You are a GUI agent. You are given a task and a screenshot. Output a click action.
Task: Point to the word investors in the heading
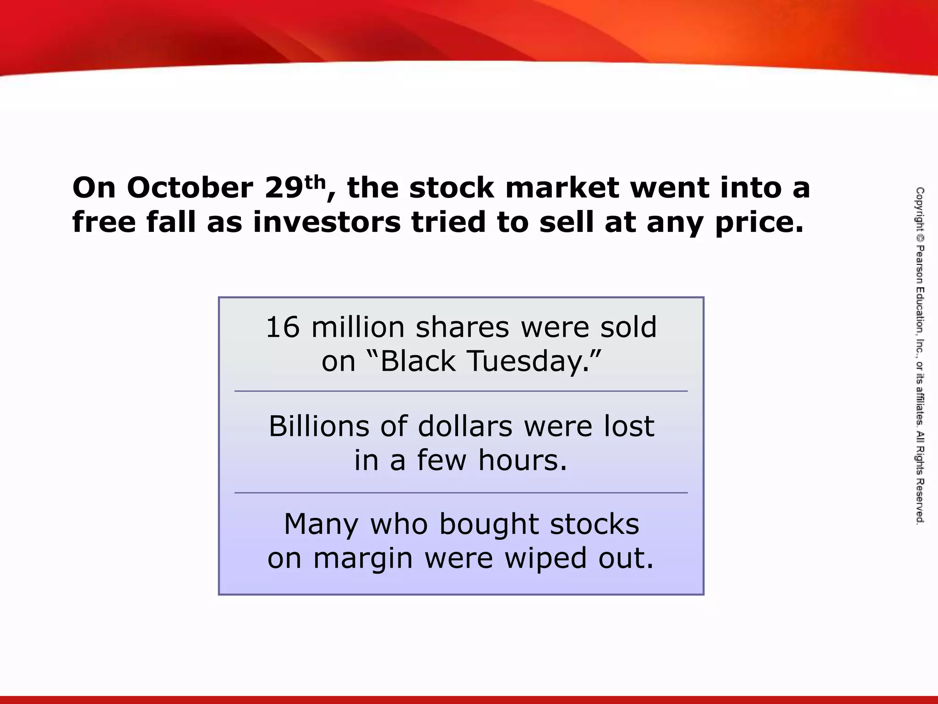[327, 222]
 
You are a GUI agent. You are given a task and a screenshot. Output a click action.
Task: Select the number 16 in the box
[283, 327]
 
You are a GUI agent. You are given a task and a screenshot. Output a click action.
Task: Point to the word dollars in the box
[465, 426]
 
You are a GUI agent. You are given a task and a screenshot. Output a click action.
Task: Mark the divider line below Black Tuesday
[461, 391]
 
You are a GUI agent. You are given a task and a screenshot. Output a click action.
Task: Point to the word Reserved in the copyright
[920, 501]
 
